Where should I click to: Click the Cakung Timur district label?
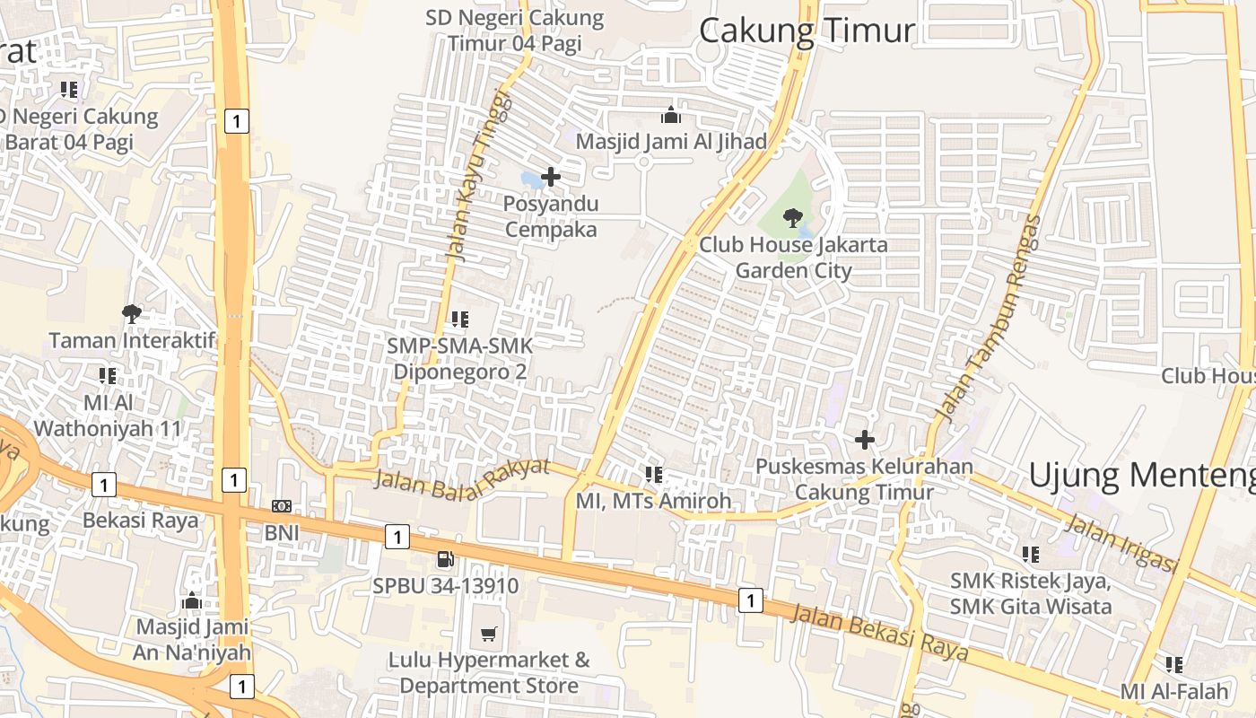807,31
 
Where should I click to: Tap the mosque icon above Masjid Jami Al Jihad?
670,115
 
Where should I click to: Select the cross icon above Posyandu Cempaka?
551,177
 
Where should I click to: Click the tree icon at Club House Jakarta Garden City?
792,217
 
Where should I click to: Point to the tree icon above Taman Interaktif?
132,313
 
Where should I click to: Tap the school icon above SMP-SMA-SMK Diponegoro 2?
460,319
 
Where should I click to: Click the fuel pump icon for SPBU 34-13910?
445,559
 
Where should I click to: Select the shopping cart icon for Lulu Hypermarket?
489,635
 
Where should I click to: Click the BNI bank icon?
281,507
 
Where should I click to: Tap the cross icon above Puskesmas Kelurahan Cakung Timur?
865,440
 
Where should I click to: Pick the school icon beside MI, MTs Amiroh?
654,474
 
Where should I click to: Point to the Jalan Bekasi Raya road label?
879,634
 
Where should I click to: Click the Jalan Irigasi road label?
1121,542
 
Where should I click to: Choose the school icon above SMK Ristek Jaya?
1031,555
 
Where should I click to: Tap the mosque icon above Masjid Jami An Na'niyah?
192,600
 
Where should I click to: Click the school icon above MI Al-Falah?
1174,665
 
